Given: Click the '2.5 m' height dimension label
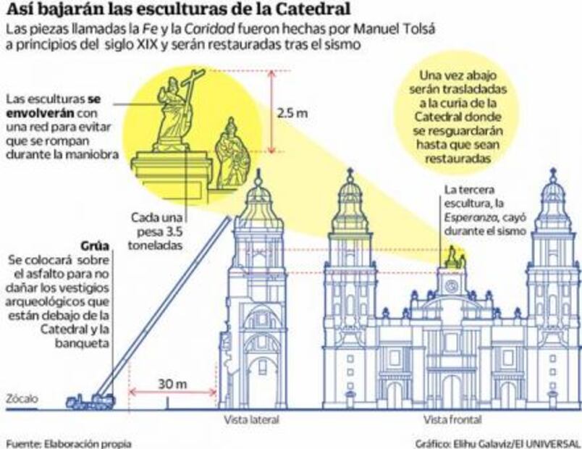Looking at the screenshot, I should [296, 114].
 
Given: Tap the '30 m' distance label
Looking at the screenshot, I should [172, 383].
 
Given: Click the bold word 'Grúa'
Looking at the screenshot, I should [96, 244].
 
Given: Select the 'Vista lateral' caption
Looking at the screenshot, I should [251, 419].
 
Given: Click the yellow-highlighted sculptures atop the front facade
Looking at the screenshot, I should [454, 257].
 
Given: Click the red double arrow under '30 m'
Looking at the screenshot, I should [172, 394].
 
